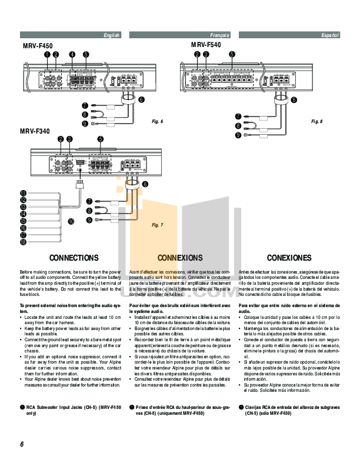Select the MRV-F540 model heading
206,45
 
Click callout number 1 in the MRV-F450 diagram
46,54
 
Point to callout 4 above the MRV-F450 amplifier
72,54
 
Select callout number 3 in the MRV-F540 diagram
206,54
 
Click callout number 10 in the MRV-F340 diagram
71,222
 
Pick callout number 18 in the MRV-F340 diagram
22,242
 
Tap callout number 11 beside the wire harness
22,193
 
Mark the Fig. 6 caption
157,121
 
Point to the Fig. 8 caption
317,121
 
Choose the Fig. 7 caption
157,225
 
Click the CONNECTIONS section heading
74,258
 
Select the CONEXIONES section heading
289,258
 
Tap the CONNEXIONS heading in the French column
181,258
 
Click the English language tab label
111,36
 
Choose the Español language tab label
330,36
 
